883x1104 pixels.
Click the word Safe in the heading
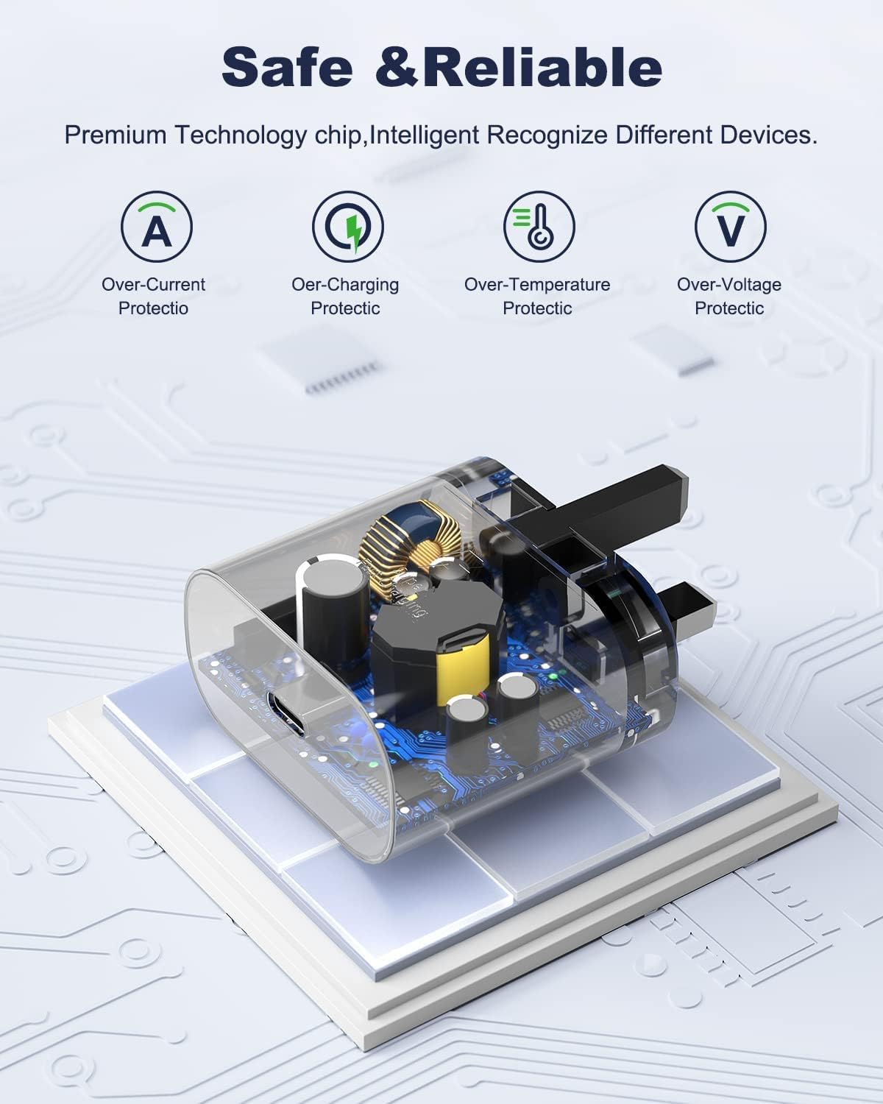(x=287, y=67)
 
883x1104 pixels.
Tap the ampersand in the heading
(x=397, y=67)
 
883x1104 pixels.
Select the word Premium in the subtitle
(x=116, y=135)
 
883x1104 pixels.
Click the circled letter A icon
(x=157, y=227)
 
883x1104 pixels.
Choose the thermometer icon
(x=539, y=227)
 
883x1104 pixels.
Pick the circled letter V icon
(x=731, y=227)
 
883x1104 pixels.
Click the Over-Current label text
(x=153, y=284)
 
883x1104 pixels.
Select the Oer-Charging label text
(x=345, y=286)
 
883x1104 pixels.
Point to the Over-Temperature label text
(x=537, y=285)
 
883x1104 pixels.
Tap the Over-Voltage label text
(x=729, y=286)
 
